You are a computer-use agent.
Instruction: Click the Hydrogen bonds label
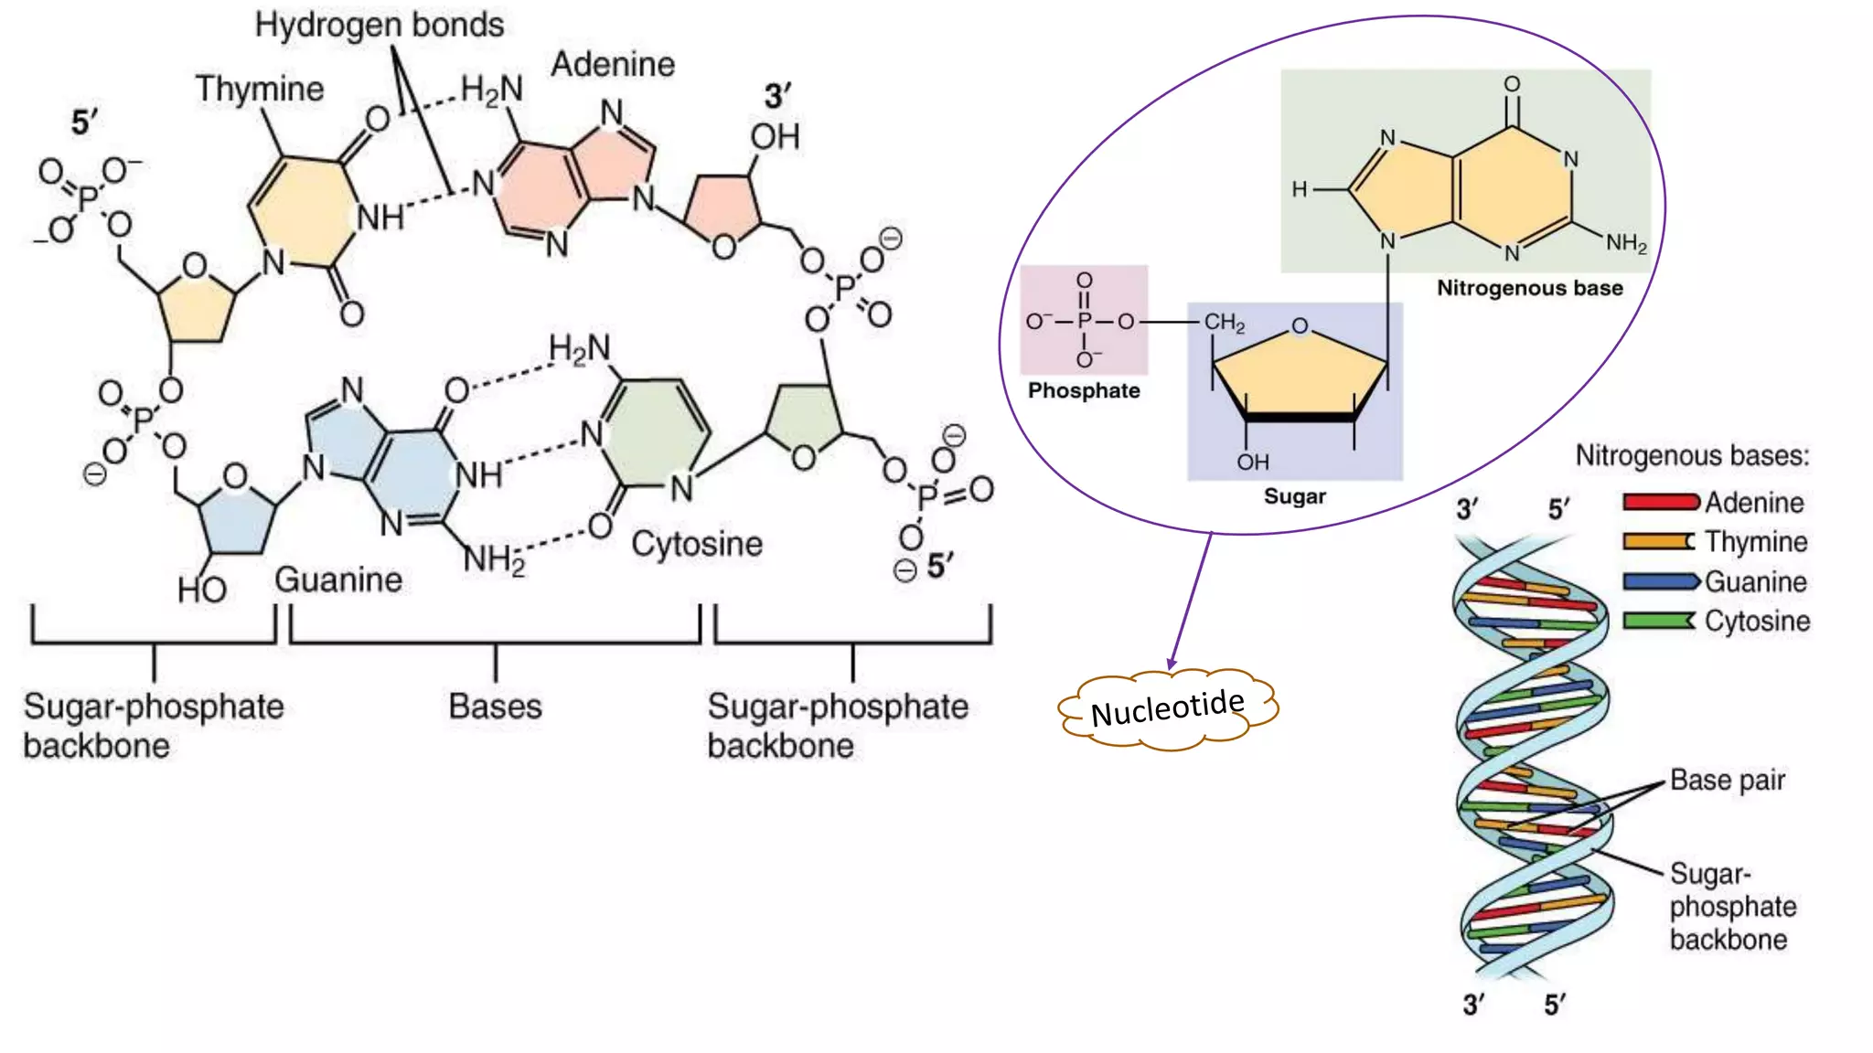point(379,26)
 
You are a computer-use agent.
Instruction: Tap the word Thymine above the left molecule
point(260,89)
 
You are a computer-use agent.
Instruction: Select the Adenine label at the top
point(613,64)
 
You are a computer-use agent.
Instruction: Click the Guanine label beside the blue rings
point(338,580)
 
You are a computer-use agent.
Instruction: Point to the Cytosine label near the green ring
point(696,544)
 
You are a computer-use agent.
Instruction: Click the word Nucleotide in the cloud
point(1167,708)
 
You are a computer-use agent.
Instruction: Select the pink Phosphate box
point(1084,320)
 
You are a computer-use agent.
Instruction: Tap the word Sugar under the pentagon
point(1294,496)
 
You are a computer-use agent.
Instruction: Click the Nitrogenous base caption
point(1529,288)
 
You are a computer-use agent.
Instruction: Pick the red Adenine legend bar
point(1660,502)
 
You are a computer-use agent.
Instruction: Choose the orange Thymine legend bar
point(1658,541)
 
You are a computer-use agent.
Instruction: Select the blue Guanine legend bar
point(1660,581)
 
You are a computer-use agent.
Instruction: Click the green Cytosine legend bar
point(1658,621)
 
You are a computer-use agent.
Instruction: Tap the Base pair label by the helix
point(1727,780)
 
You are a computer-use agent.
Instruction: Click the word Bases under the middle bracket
point(495,707)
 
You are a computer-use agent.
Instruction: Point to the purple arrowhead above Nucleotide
point(1172,664)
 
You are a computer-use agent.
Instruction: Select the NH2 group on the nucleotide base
point(1626,243)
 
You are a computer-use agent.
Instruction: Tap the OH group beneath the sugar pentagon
point(1253,463)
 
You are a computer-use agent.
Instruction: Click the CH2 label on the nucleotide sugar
point(1224,323)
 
